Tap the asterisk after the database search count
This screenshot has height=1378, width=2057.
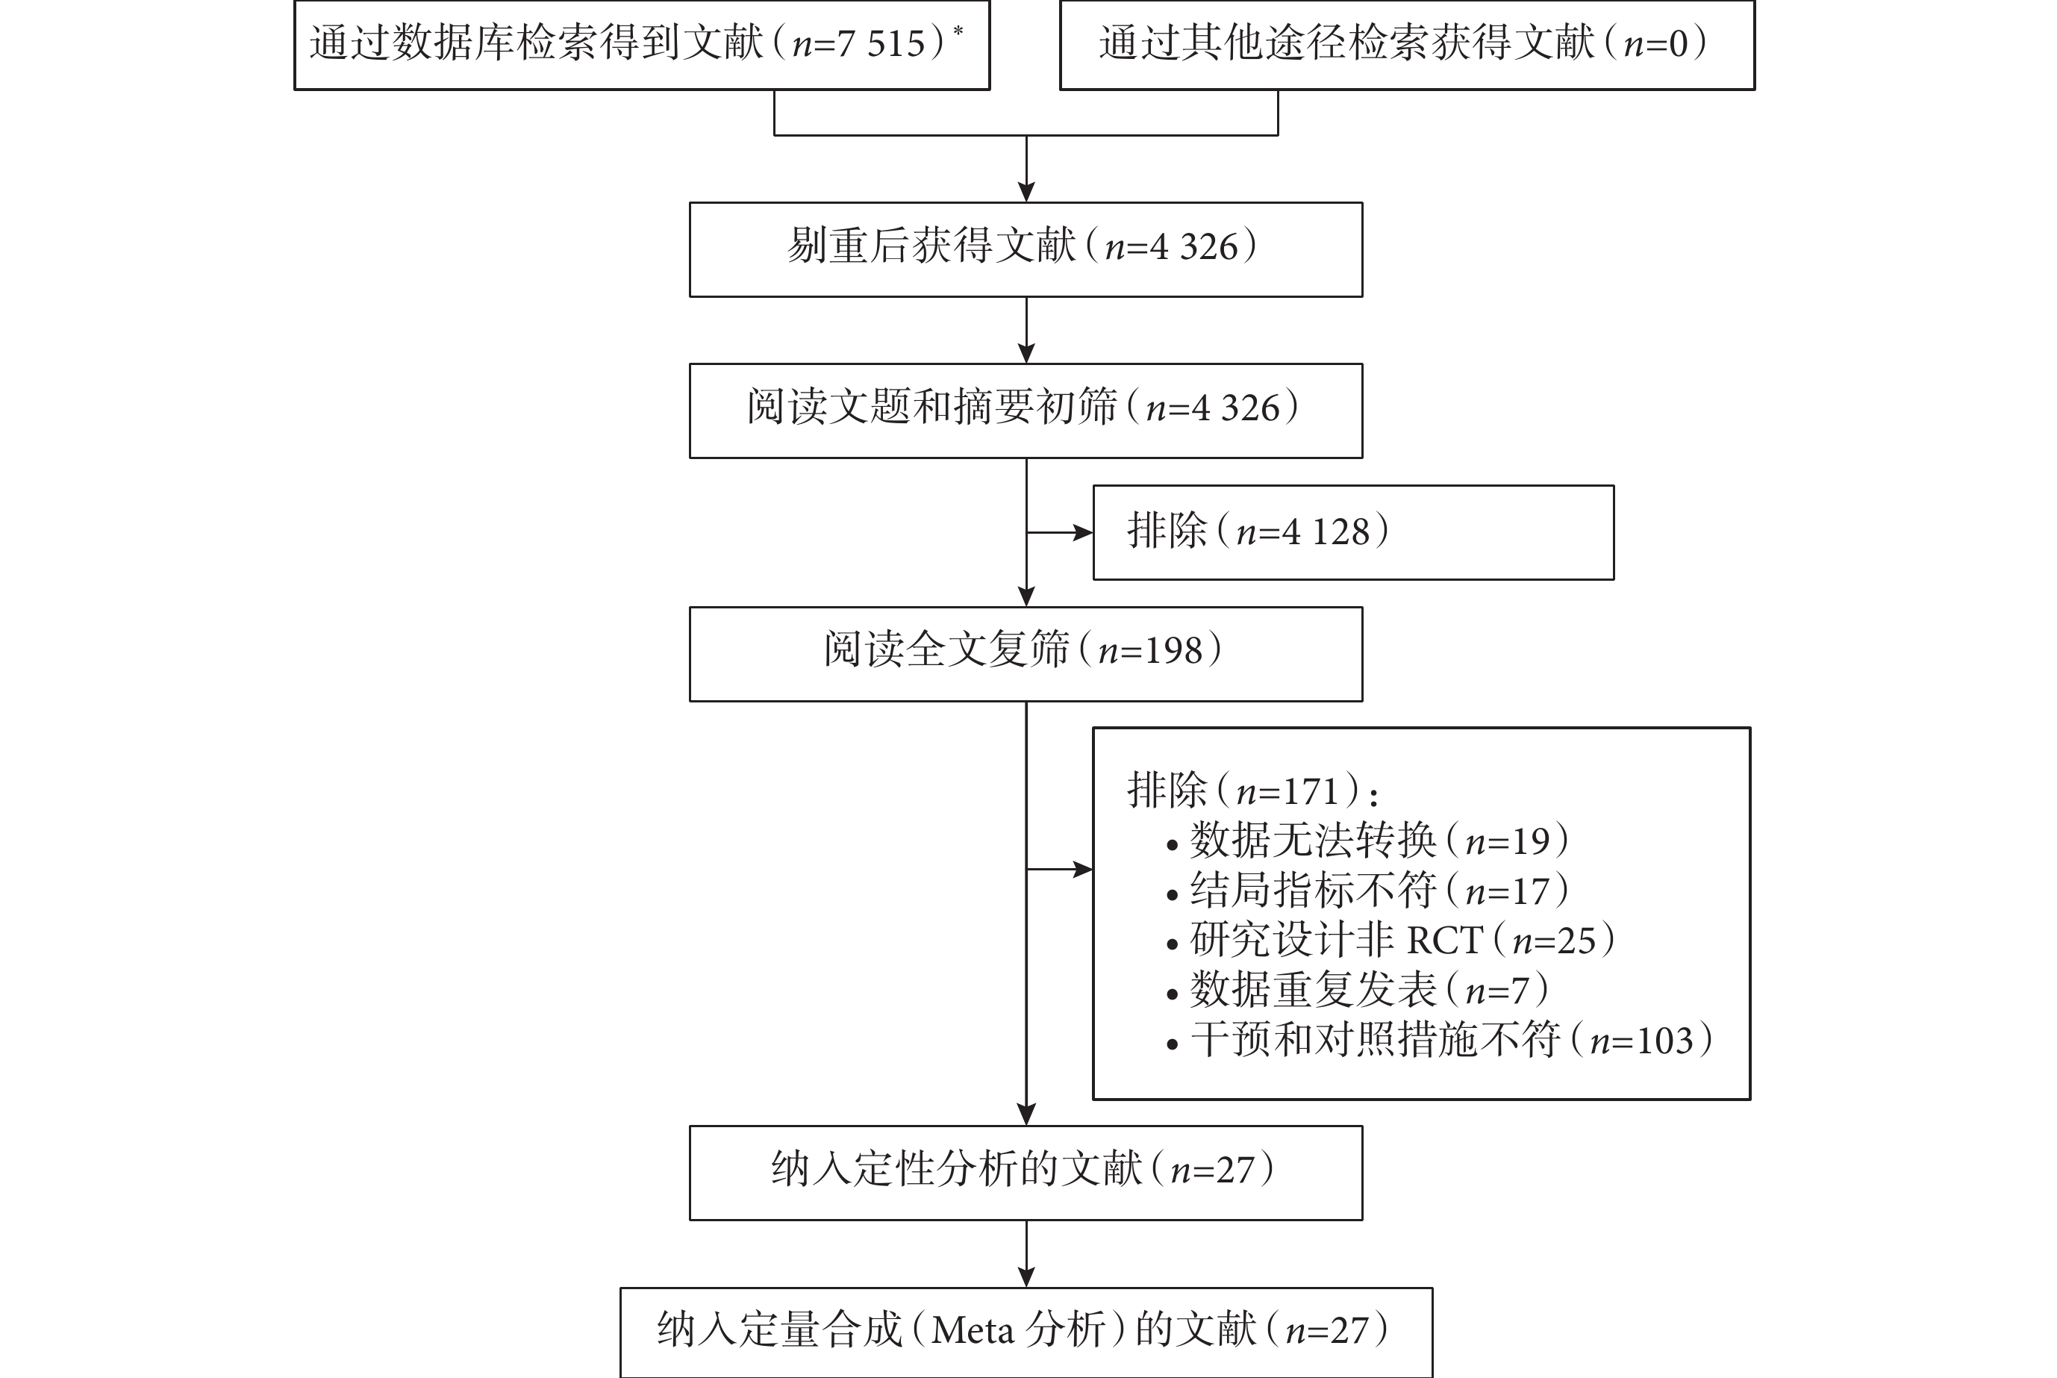pyautogui.click(x=958, y=31)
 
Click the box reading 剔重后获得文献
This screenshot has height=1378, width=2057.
pyautogui.click(x=1026, y=249)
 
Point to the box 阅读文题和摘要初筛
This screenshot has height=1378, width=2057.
pyautogui.click(x=1026, y=411)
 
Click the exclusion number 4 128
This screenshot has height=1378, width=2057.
pyautogui.click(x=1327, y=531)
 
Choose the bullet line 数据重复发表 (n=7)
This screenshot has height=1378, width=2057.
pyautogui.click(x=1357, y=990)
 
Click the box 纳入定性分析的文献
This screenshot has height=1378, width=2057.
pyautogui.click(x=1026, y=1173)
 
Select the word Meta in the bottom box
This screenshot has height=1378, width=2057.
pyautogui.click(x=973, y=1330)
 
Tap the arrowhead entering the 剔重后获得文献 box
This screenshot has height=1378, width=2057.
pyautogui.click(x=1026, y=192)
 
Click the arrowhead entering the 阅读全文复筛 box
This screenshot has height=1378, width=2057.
pyautogui.click(x=1026, y=596)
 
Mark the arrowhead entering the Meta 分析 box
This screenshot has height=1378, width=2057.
pyautogui.click(x=1026, y=1277)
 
